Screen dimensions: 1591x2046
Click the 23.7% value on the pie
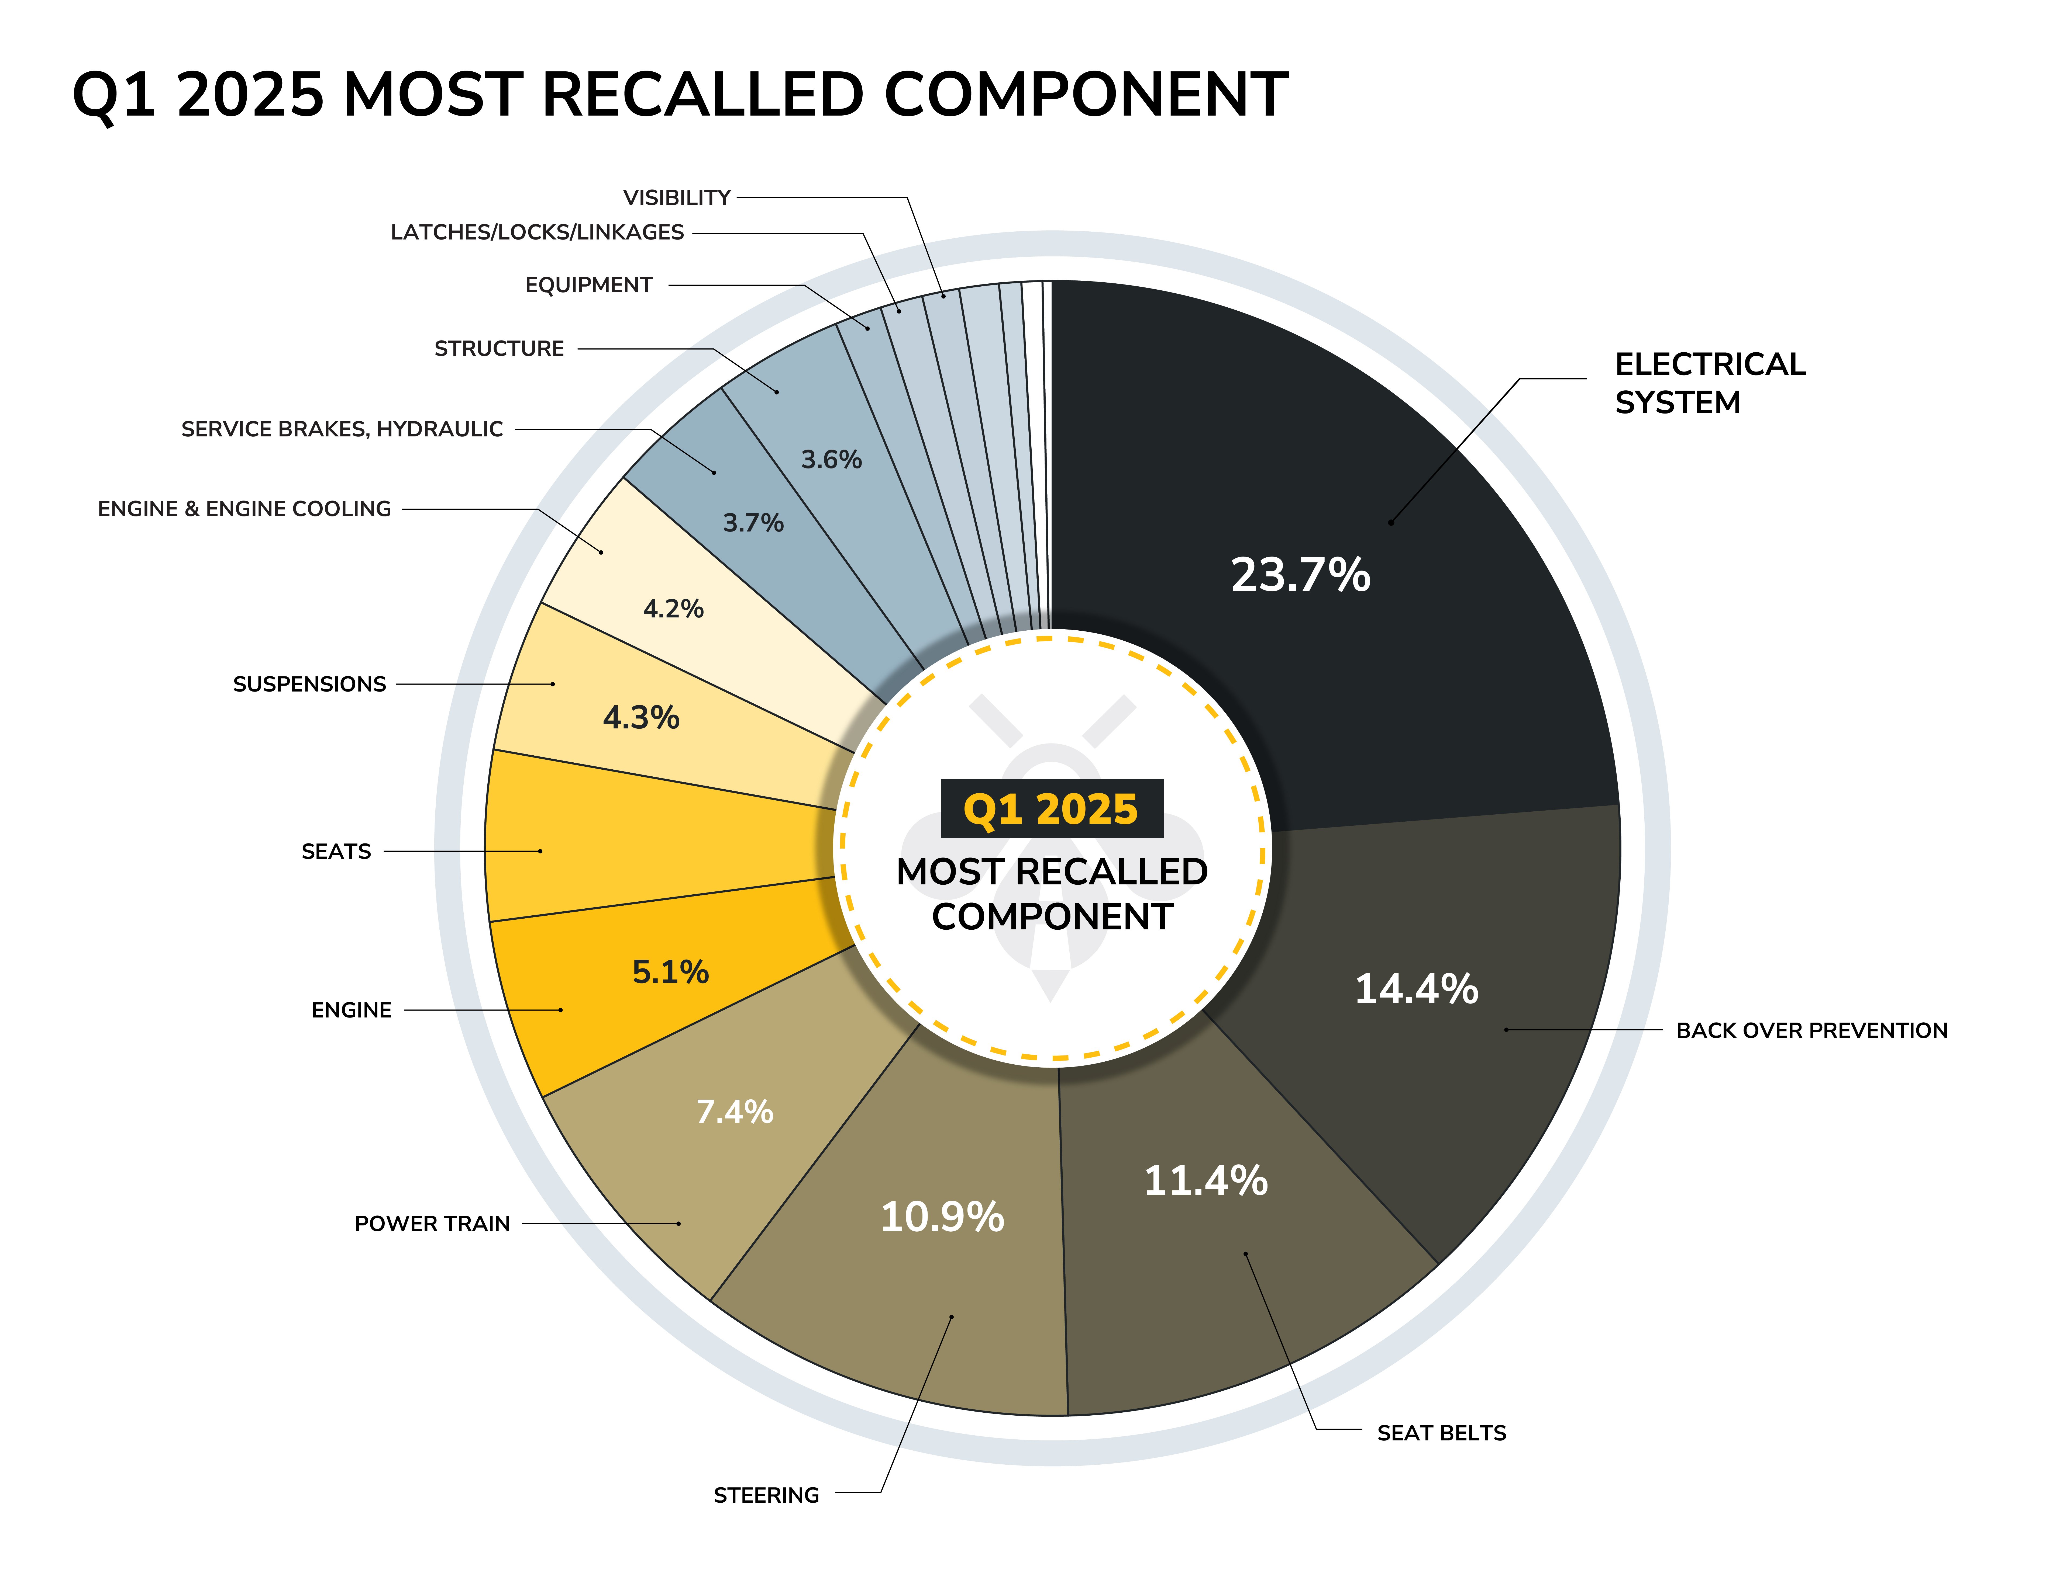point(1300,575)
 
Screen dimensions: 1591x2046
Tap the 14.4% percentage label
point(1417,989)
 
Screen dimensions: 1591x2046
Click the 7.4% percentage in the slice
point(735,1111)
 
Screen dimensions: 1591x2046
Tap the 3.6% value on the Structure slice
point(831,460)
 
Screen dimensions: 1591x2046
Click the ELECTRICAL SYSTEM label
point(1710,383)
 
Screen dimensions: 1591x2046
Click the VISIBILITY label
point(676,197)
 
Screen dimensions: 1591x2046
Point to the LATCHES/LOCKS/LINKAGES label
point(537,232)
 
